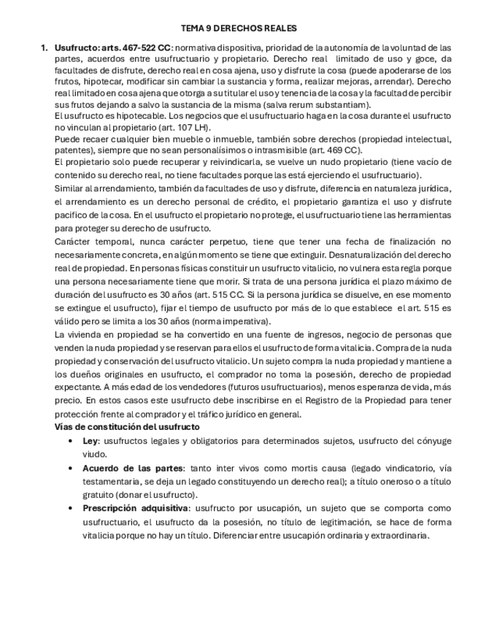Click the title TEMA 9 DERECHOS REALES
(239, 28)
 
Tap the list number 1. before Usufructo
(45, 48)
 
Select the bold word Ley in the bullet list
(90, 441)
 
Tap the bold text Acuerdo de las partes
(134, 468)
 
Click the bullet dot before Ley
(70, 441)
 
